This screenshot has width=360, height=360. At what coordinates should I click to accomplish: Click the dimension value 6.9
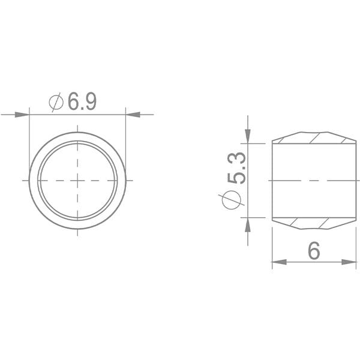pos(82,101)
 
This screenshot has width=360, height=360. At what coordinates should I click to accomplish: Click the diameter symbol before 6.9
pos(56,102)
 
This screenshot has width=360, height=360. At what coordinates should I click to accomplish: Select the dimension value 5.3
pos(236,168)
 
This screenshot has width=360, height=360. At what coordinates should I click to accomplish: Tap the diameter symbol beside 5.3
pos(232,200)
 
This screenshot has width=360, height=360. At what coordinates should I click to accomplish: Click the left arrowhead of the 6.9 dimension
pos(22,115)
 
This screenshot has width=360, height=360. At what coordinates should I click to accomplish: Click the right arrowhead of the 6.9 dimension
pos(133,115)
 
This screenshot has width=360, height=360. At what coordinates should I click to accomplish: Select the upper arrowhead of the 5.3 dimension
pos(248,136)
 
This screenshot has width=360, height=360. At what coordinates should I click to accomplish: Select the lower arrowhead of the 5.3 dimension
pos(248,224)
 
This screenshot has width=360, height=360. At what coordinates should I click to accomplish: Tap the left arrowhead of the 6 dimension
pos(279,262)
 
